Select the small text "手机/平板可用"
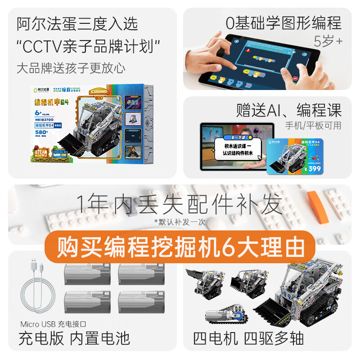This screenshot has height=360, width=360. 313,125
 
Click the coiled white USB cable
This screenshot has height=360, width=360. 39,288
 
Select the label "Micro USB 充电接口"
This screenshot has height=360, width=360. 53,324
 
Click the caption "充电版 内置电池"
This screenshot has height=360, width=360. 74,338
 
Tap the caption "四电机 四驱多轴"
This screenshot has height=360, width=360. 248,338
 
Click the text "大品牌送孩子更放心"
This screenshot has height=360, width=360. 71,68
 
